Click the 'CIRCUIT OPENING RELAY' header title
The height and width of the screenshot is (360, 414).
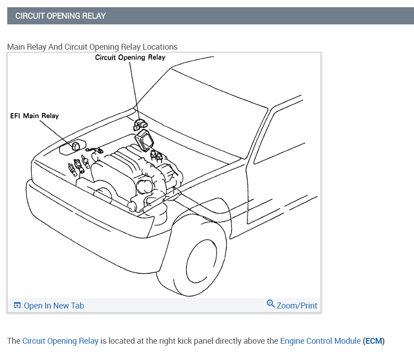click(60, 16)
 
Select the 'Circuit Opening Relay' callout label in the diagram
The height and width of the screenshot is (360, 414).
click(130, 57)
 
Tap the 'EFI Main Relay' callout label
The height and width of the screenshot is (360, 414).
click(34, 116)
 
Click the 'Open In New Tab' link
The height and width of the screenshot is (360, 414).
click(54, 306)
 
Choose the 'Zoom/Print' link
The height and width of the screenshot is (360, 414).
click(297, 306)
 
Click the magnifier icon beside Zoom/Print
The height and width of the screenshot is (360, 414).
click(271, 304)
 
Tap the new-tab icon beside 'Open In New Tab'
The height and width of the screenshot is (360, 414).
click(17, 306)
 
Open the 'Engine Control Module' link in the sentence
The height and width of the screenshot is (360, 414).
click(320, 341)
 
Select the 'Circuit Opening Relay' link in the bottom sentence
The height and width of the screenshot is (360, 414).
click(60, 341)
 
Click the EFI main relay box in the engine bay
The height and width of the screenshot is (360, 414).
click(75, 145)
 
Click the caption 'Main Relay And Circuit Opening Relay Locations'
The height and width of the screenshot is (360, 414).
click(92, 47)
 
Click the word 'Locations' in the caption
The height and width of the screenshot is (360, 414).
click(160, 47)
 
